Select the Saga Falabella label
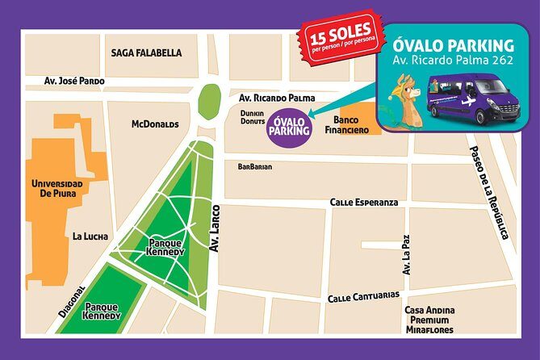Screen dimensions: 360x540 [x=146, y=53]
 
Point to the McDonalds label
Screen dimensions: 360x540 [x=155, y=124]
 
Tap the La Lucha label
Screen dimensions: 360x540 [x=90, y=237]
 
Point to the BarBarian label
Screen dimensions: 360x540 [x=254, y=167]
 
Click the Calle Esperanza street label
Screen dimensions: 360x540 [x=363, y=202]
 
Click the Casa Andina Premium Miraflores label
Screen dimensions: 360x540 [x=429, y=320]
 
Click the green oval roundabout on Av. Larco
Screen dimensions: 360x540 [x=209, y=99]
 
